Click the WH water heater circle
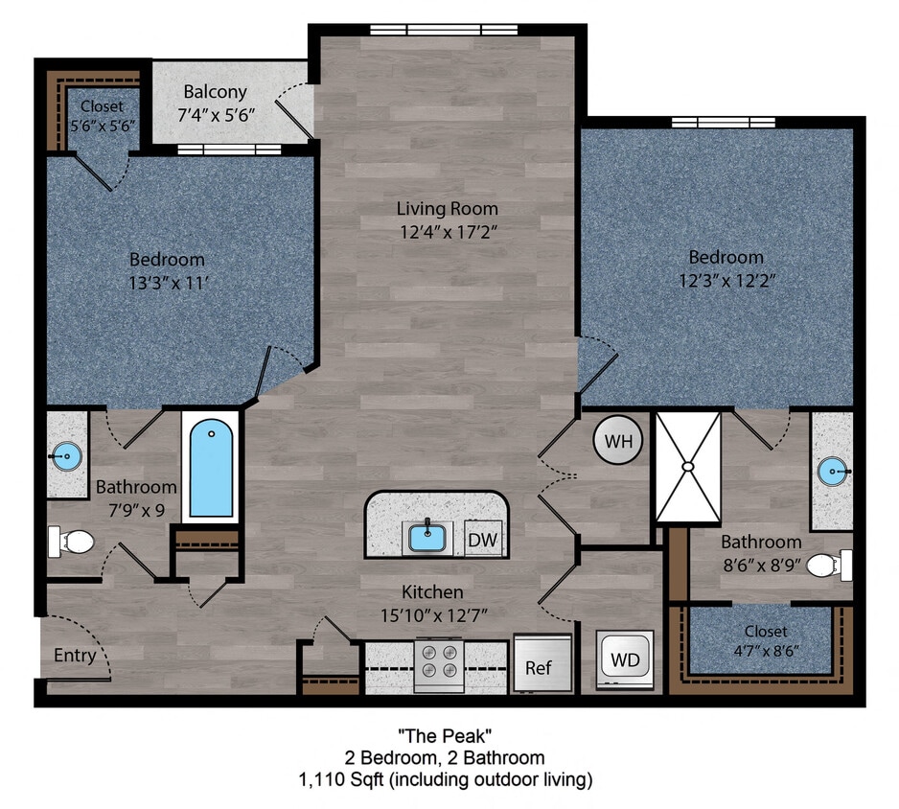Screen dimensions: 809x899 [617, 441]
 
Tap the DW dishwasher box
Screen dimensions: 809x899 [483, 540]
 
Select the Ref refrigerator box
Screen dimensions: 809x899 [539, 667]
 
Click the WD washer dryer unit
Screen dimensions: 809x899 [625, 660]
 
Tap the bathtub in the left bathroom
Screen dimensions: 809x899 [210, 469]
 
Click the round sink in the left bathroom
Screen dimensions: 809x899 [66, 455]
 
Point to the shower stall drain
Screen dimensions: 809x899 [687, 466]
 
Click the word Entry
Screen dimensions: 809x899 [75, 656]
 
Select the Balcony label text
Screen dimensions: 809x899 [216, 92]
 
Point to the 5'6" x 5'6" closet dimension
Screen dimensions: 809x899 [102, 125]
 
